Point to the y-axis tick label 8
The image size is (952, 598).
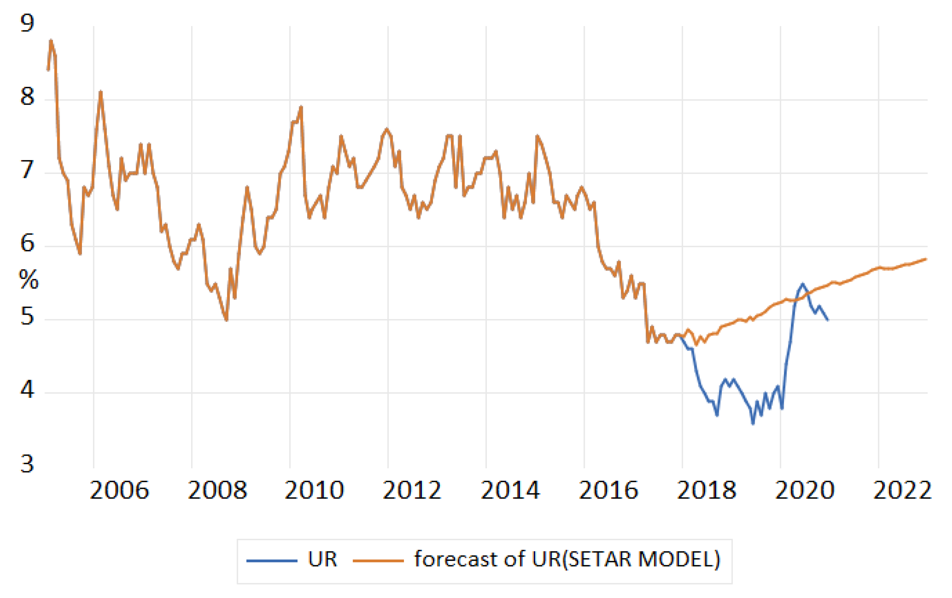coord(27,97)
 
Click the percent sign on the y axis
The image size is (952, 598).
coord(28,280)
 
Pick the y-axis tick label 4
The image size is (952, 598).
coord(27,390)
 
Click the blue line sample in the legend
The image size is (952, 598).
coord(272,561)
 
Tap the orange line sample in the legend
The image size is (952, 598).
coord(378,561)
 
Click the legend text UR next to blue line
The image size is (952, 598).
coord(322,559)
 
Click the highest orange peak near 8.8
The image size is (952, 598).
coord(51,40)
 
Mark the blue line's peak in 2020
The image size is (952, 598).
coord(802,284)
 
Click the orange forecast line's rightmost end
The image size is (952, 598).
coord(926,259)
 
